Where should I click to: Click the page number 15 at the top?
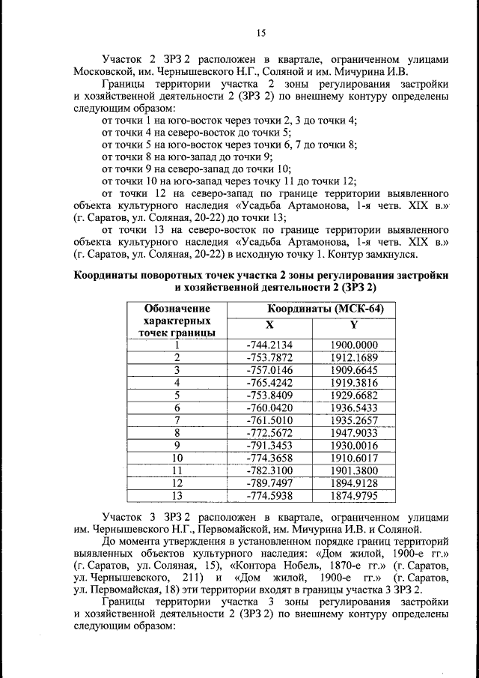[x=261, y=32]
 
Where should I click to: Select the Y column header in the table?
[x=354, y=324]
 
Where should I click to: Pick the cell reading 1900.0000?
[x=354, y=345]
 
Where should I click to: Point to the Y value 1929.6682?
[x=354, y=395]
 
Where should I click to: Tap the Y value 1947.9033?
[x=354, y=432]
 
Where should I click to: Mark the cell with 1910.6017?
[x=354, y=458]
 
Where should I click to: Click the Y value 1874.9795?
[x=354, y=495]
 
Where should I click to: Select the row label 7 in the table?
[x=177, y=420]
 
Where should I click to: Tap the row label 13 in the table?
[x=177, y=495]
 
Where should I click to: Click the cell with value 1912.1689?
[x=354, y=357]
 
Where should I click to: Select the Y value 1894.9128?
[x=354, y=482]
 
